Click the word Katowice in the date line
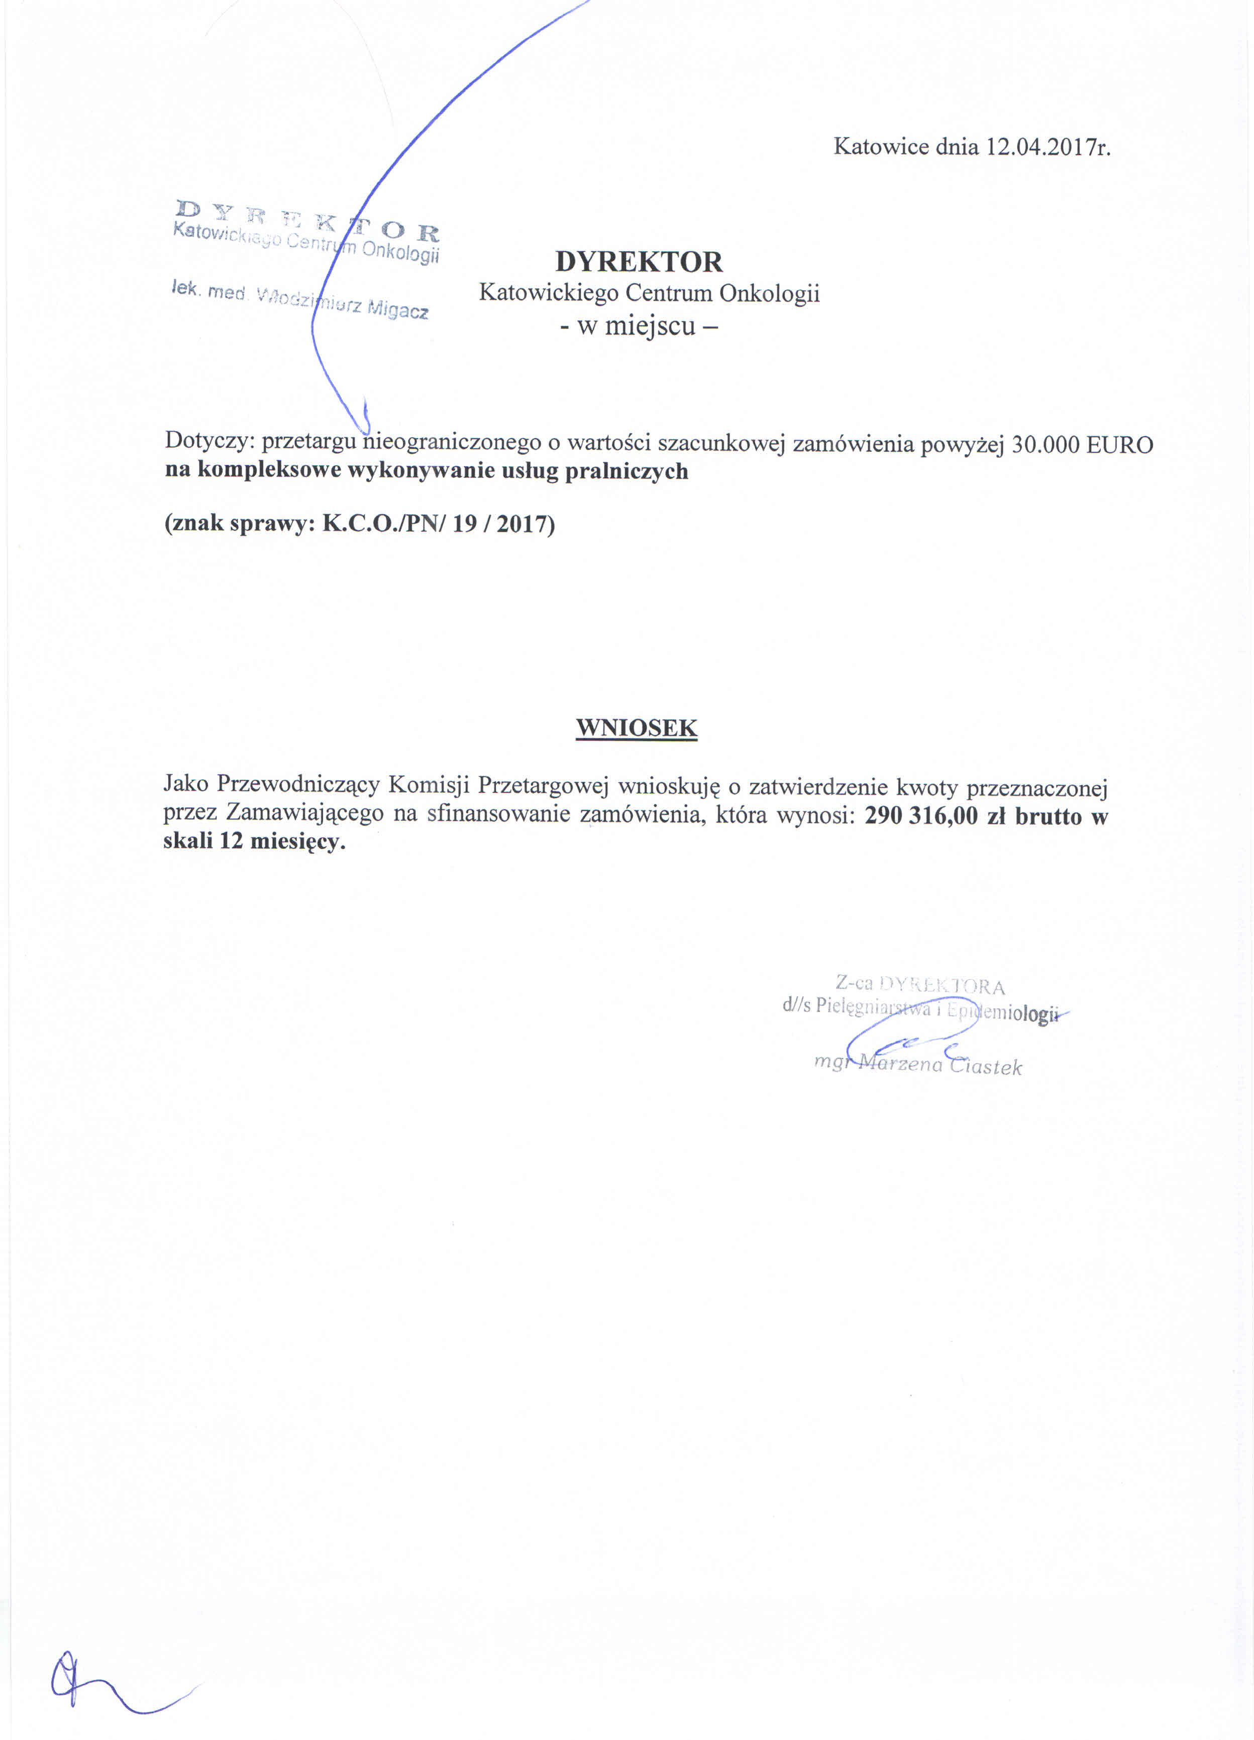pos(881,147)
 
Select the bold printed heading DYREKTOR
pos(639,262)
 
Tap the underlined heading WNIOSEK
pos(636,727)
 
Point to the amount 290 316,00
pos(921,816)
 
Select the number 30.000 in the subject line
pos(1046,445)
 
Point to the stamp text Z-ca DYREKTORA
pos(919,984)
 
